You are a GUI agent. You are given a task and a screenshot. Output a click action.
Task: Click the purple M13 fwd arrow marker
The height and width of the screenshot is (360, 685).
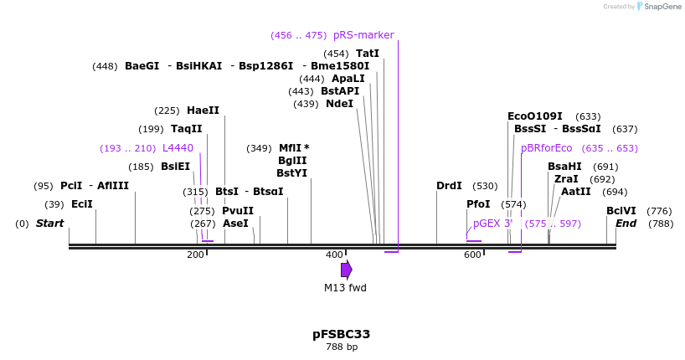pos(346,270)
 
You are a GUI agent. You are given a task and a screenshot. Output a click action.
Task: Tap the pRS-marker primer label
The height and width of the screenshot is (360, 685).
pos(363,35)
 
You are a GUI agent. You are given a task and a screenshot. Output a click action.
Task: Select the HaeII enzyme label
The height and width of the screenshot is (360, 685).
pos(203,111)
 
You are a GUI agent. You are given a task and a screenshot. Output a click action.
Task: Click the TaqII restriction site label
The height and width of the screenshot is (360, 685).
pos(186,129)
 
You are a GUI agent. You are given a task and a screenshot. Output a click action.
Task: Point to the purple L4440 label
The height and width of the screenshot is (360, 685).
pos(178,148)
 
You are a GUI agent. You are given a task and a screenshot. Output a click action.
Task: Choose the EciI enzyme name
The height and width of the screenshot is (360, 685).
pos(81,204)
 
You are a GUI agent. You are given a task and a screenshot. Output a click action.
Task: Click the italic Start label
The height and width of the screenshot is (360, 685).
pos(49,224)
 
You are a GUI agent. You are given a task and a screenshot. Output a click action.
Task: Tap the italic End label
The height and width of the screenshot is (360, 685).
pos(626,224)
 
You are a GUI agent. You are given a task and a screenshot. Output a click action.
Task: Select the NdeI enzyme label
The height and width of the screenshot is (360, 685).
pos(339,104)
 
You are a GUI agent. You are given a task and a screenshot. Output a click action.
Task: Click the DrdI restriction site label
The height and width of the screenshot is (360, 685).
pos(449,186)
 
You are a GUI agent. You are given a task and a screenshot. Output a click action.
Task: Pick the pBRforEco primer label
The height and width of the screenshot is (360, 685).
pos(547,148)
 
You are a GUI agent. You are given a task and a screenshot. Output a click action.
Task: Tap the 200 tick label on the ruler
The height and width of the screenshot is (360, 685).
pos(195,255)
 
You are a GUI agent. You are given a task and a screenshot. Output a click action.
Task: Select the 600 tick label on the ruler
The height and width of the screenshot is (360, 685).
pos(473,255)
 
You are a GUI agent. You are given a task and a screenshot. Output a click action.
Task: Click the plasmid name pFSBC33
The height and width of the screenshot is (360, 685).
pos(341,334)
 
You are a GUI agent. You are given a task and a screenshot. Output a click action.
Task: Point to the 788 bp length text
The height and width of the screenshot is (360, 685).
pos(341,347)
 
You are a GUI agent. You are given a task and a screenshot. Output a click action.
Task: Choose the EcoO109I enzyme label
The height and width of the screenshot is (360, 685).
pos(535,116)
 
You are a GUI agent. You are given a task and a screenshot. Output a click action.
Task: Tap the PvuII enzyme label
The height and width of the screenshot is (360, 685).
pos(238,211)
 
